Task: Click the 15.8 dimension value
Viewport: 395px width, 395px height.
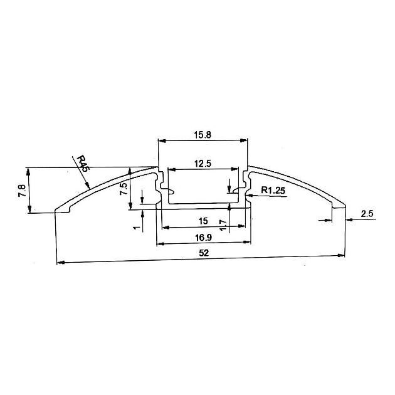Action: click(203, 134)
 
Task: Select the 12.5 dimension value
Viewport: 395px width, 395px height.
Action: click(202, 164)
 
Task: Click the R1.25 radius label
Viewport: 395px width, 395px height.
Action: click(274, 190)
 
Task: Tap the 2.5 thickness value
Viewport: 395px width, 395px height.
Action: click(367, 214)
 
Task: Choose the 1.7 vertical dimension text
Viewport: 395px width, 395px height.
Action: click(223, 225)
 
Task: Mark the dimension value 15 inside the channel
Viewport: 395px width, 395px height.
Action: click(202, 221)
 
